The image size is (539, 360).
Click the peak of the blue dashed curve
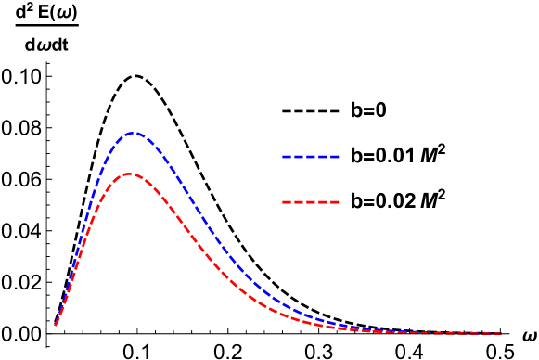tap(135, 133)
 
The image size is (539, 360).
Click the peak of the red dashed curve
tap(128, 174)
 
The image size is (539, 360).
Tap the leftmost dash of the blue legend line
tap(287, 157)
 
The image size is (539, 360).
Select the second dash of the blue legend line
tap(299, 157)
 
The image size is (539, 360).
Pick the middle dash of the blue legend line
tap(311, 157)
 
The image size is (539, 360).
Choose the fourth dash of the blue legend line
tap(323, 157)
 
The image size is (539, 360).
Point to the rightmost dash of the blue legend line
tap(334, 157)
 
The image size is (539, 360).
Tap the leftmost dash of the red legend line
tap(287, 201)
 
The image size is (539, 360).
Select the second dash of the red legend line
tap(299, 201)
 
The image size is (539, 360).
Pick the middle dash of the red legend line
tap(311, 201)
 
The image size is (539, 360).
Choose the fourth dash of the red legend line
tap(323, 201)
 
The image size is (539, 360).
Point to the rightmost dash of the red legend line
tap(334, 201)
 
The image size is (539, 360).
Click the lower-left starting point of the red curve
tap(56, 325)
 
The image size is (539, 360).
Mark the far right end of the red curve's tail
tap(501, 333)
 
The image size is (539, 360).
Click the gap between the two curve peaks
tap(131, 153)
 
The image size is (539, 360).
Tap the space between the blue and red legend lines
tap(311, 179)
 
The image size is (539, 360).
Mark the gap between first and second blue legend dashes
tap(293, 157)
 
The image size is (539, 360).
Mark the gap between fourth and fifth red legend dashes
tap(328, 201)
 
